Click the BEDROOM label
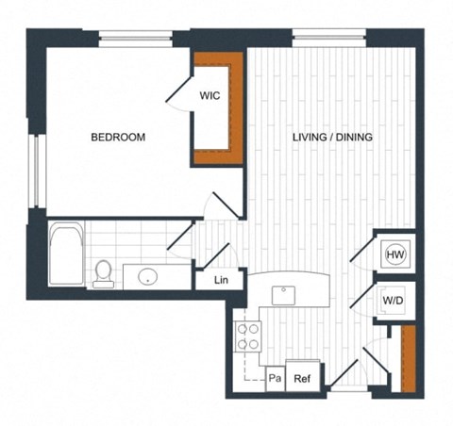[x=118, y=138]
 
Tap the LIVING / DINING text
[x=332, y=138]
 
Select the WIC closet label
[x=210, y=96]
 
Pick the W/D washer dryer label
[x=394, y=301]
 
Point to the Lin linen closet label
[x=222, y=281]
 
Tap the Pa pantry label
[x=275, y=378]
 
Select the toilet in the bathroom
[x=103, y=272]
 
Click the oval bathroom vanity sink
[x=147, y=277]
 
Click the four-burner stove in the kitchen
[x=247, y=336]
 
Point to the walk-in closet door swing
[x=181, y=92]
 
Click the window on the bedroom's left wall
[x=37, y=170]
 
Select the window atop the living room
[x=329, y=37]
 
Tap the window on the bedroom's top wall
[x=135, y=38]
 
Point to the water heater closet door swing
[x=362, y=250]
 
